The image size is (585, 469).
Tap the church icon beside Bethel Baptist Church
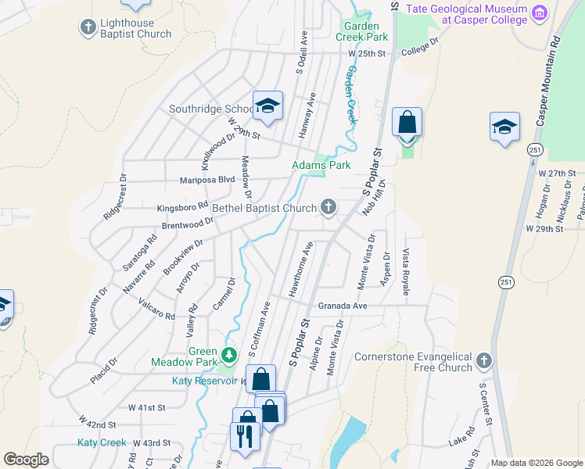(329, 207)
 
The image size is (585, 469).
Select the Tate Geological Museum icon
(539, 13)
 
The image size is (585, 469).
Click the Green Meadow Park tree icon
(228, 356)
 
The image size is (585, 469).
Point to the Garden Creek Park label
(361, 31)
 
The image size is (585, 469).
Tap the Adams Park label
(321, 165)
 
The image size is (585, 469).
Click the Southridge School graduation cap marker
(267, 107)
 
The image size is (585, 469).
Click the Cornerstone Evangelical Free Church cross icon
(484, 360)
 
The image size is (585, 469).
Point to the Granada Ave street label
(342, 306)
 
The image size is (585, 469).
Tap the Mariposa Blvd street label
(207, 179)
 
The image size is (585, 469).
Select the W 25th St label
(368, 54)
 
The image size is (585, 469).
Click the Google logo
(27, 460)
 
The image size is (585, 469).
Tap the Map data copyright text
(536, 463)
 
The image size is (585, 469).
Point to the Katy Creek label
(102, 442)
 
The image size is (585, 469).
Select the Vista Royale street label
(406, 272)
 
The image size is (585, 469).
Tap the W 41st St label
(147, 407)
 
